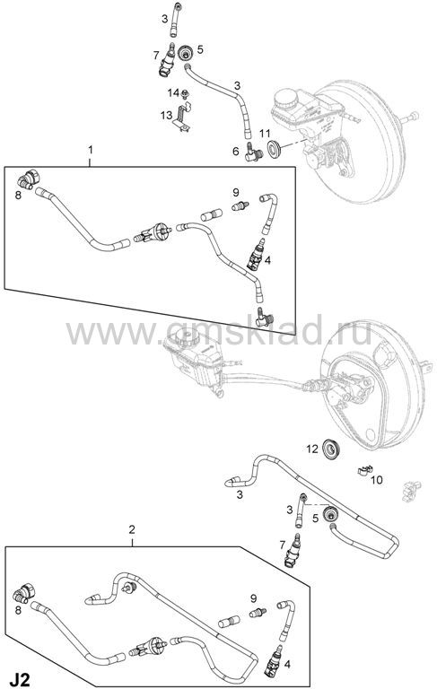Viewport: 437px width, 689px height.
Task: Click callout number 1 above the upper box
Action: [91, 150]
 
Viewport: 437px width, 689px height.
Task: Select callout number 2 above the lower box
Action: [132, 529]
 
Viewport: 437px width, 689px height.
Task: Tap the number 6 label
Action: [236, 151]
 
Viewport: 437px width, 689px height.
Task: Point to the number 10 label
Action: [376, 479]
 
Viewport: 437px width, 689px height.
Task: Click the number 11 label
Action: [265, 133]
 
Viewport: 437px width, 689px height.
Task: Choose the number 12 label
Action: [312, 449]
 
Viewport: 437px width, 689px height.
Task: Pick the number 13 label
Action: [166, 115]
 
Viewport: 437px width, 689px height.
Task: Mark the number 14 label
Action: [173, 92]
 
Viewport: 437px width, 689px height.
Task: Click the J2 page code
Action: [21, 679]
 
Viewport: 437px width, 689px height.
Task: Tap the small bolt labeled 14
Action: [185, 93]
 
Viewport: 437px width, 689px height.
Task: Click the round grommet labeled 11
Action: [275, 149]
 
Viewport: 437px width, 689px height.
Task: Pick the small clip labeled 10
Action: [365, 471]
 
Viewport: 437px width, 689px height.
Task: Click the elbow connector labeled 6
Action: [254, 153]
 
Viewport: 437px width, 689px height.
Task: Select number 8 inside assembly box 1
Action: [18, 195]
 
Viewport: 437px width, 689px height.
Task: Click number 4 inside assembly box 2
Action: [286, 664]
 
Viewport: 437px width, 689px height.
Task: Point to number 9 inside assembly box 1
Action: [236, 192]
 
